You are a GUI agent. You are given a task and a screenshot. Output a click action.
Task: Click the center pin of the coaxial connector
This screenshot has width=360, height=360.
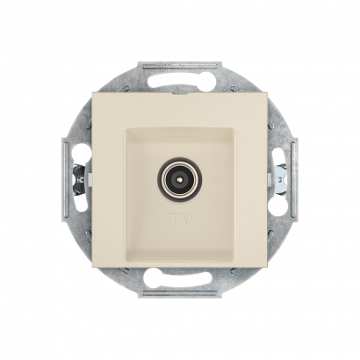180,178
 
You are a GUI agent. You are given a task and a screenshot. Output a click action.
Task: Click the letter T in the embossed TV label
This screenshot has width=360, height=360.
173,220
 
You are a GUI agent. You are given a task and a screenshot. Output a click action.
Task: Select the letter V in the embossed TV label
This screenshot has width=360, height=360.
186,220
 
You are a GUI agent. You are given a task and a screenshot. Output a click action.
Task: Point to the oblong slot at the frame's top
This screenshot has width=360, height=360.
180,79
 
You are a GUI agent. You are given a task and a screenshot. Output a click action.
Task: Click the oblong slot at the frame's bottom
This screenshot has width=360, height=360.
180,277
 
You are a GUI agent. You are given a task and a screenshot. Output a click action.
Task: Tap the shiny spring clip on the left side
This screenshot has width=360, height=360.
78,178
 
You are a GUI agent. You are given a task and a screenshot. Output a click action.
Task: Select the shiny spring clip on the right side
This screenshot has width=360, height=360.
281,178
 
